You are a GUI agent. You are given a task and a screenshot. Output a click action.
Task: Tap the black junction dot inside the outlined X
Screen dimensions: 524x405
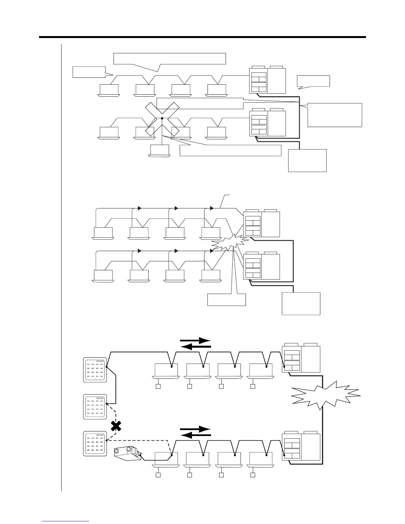(x=162, y=118)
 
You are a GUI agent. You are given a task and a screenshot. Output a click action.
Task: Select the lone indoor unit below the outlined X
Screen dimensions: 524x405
(x=159, y=151)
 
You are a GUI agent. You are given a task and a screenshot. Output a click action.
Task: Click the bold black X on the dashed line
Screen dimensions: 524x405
(x=115, y=426)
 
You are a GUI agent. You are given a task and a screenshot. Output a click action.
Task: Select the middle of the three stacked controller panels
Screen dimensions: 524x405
(x=95, y=407)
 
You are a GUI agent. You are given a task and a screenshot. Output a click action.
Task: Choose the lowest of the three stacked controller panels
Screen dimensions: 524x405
(x=95, y=444)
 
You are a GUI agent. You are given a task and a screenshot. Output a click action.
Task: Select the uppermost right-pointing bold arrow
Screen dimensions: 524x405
(x=196, y=340)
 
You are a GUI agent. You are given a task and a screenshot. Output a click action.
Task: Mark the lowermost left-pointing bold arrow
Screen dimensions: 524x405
(x=196, y=436)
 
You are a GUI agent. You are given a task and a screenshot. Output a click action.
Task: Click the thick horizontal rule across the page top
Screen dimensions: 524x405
(x=202, y=37)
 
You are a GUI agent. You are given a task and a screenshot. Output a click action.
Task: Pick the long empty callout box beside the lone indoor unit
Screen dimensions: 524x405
(x=230, y=150)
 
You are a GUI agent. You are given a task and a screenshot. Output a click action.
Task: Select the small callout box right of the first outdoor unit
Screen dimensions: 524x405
(x=313, y=81)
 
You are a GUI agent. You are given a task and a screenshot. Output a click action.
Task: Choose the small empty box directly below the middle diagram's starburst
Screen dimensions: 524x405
(x=227, y=299)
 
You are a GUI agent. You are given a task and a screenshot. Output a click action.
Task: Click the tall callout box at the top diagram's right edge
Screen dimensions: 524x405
(x=335, y=115)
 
